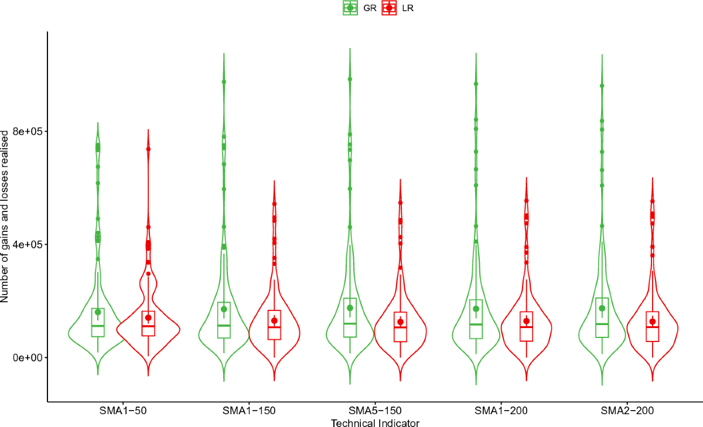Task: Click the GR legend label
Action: pyautogui.click(x=370, y=8)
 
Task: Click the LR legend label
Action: pyautogui.click(x=408, y=8)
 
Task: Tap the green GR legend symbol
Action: pyautogui.click(x=350, y=8)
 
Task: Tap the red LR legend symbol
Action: pyautogui.click(x=389, y=8)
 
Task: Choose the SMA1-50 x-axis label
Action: pyautogui.click(x=123, y=411)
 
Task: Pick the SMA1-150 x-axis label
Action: pyautogui.click(x=249, y=411)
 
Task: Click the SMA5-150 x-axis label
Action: pyautogui.click(x=376, y=411)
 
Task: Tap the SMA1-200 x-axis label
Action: pyautogui.click(x=501, y=411)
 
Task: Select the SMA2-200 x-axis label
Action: pyautogui.click(x=627, y=411)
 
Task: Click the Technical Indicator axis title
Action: pyautogui.click(x=375, y=422)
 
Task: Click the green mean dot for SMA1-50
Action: pyautogui.click(x=98, y=312)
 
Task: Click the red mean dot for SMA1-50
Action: pyautogui.click(x=148, y=318)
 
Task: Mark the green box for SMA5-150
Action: pyautogui.click(x=350, y=317)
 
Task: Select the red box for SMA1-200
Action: pyautogui.click(x=527, y=326)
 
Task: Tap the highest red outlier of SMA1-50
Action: pyautogui.click(x=148, y=149)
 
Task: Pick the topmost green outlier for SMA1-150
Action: pyautogui.click(x=224, y=81)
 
